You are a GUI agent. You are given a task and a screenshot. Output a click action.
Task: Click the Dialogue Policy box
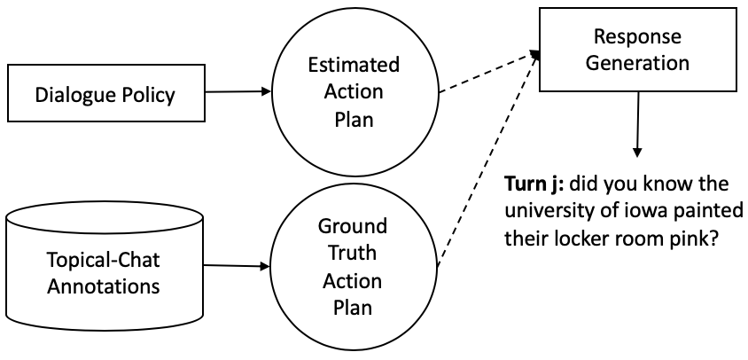[x=105, y=93]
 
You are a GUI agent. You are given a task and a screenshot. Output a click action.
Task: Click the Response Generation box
[x=637, y=50]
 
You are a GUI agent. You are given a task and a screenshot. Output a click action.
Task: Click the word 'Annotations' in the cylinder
[x=105, y=286]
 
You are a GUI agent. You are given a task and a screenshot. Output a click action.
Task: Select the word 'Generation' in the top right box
[x=637, y=62]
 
